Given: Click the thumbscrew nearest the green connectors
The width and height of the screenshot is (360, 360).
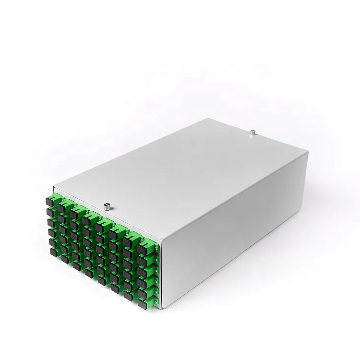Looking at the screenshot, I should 106,207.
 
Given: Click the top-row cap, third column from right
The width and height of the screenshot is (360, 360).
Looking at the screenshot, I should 115,232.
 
